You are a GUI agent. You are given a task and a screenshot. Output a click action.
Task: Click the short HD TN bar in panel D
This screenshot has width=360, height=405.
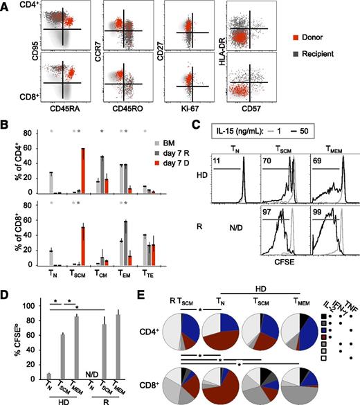pyautogui.click(x=50, y=357)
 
